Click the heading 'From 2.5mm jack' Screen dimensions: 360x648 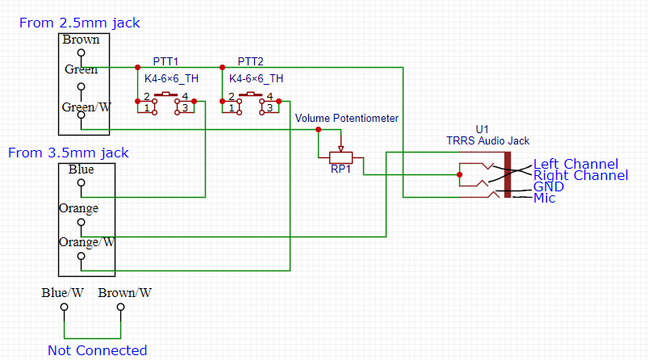(73, 23)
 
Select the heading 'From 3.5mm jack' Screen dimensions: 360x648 (68, 153)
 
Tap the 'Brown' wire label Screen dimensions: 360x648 (81, 40)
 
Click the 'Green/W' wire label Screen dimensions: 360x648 (86, 106)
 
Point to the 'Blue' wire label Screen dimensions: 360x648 (81, 170)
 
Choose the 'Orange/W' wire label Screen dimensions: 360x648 (86, 241)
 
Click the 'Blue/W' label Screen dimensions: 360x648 (64, 293)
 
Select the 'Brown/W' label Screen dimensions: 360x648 (124, 293)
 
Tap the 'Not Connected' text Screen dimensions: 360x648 (97, 350)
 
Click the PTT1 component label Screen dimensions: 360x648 (165, 62)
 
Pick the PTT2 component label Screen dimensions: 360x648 (250, 62)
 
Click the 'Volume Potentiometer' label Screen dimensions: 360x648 (346, 119)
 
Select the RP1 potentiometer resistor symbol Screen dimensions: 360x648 (341, 157)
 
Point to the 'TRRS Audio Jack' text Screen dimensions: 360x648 (487, 140)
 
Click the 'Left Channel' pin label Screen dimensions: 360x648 (575, 165)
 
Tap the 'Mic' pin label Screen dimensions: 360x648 (544, 198)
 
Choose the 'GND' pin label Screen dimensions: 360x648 (548, 186)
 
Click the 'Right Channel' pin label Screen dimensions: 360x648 (580, 175)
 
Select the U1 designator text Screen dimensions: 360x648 (482, 129)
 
